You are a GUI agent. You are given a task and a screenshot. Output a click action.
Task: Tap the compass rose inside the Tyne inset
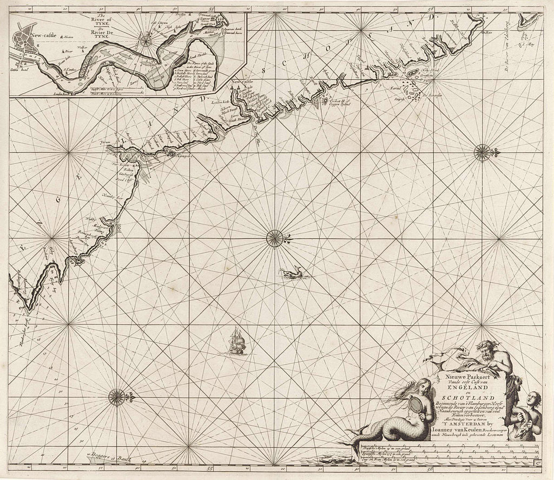click(146, 40)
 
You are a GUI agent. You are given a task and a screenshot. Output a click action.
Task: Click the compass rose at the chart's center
click(275, 238)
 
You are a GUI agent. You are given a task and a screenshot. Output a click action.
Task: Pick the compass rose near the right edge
click(482, 152)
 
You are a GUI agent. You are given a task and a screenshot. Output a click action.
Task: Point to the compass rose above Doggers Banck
click(117, 398)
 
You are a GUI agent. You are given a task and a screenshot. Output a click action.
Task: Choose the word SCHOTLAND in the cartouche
click(463, 399)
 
